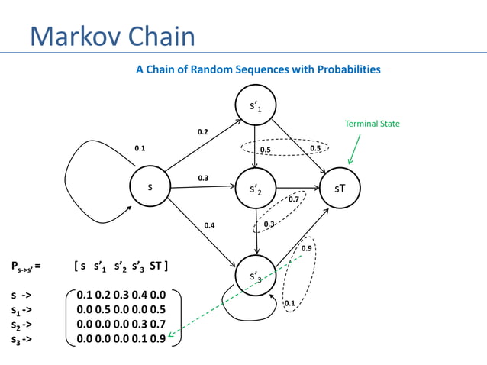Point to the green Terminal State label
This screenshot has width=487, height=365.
click(372, 124)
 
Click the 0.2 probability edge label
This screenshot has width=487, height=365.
click(202, 132)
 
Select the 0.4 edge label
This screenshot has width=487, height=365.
click(209, 225)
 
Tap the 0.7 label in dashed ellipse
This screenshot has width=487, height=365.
click(293, 199)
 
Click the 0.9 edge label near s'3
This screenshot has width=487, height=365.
click(306, 249)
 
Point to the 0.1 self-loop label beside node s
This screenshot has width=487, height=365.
click(140, 148)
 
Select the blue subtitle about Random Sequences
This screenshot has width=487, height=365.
click(258, 69)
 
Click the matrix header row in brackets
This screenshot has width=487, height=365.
click(121, 266)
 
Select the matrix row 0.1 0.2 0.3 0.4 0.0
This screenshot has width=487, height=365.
click(121, 295)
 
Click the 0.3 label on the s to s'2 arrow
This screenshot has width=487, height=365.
click(204, 178)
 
